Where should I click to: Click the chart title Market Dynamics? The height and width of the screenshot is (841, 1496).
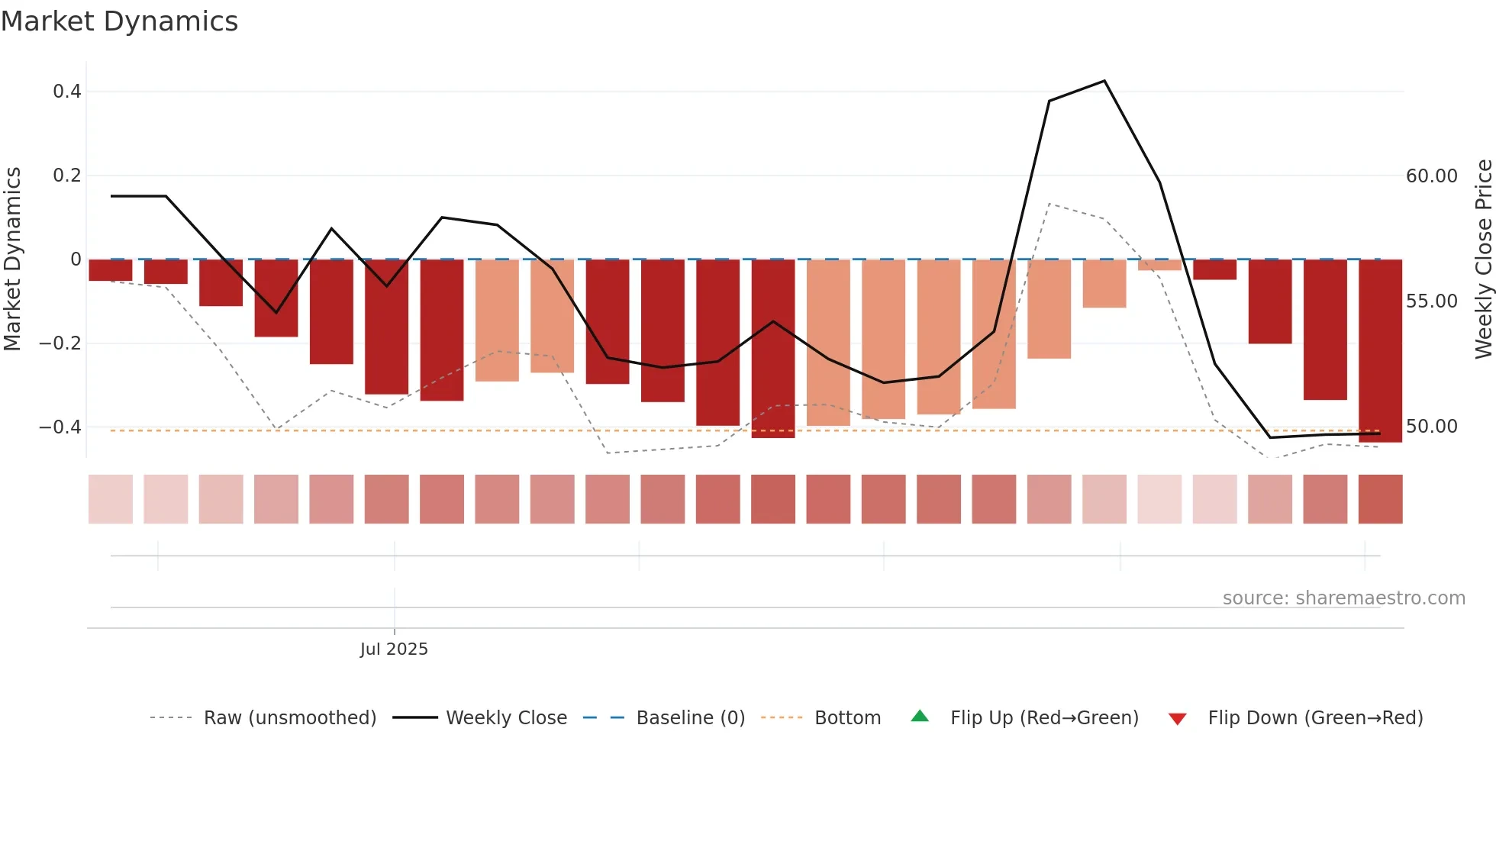[120, 21]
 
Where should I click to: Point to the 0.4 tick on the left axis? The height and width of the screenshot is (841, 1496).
[67, 92]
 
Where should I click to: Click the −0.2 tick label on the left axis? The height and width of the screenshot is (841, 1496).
[60, 343]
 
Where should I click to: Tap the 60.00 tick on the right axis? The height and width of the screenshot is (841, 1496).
[1431, 176]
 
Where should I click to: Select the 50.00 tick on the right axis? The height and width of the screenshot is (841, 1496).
[1431, 427]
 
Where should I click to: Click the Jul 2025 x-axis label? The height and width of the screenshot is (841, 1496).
[394, 649]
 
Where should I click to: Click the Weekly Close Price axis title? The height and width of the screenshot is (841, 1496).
[1483, 259]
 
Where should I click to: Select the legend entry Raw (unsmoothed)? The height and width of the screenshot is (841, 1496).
[290, 718]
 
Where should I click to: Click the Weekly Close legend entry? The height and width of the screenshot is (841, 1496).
[506, 718]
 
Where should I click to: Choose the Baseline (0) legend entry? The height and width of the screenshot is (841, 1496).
[690, 718]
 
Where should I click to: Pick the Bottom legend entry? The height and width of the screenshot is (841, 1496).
[847, 718]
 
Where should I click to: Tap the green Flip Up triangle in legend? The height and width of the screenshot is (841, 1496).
[920, 717]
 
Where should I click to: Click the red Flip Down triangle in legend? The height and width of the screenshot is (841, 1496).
[1178, 719]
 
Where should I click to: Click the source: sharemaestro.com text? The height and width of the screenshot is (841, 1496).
[1343, 598]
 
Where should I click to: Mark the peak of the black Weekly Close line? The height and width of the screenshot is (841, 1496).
[1104, 81]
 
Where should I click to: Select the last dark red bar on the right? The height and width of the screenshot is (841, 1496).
[1380, 351]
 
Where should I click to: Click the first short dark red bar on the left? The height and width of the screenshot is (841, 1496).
[111, 270]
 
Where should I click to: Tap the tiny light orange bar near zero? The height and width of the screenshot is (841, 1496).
[1159, 265]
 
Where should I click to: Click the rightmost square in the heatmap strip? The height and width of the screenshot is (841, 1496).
[1380, 499]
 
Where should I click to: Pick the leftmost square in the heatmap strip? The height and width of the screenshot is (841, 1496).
[111, 499]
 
